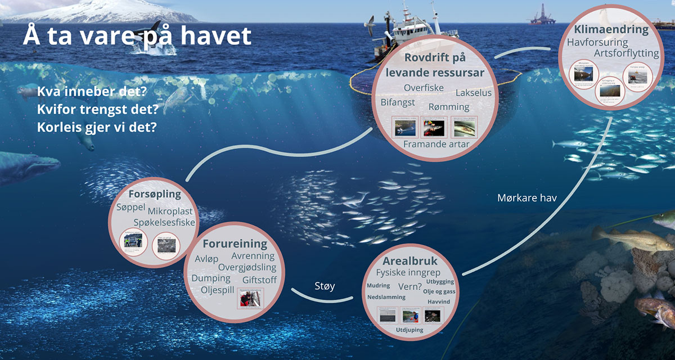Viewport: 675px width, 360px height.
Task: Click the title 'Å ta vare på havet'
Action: coord(137,37)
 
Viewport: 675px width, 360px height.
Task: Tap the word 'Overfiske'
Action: coord(424,88)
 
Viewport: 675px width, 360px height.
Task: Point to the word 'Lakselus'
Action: coord(473,93)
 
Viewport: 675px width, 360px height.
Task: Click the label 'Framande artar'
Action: coord(436,144)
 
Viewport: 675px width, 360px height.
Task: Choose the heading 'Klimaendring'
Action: coord(611,29)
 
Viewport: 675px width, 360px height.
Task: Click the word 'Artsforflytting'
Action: coord(626,53)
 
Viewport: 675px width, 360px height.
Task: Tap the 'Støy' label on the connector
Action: coord(325,286)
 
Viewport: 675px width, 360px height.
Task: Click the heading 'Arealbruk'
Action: coord(409,261)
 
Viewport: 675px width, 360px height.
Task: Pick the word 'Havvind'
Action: coord(438,302)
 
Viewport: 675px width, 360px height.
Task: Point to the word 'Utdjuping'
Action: coord(409,330)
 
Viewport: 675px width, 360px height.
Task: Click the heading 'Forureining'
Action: coord(235,244)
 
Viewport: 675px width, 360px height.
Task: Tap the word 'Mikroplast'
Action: coord(170,211)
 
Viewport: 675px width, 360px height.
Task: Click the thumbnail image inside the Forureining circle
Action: coord(248,298)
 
